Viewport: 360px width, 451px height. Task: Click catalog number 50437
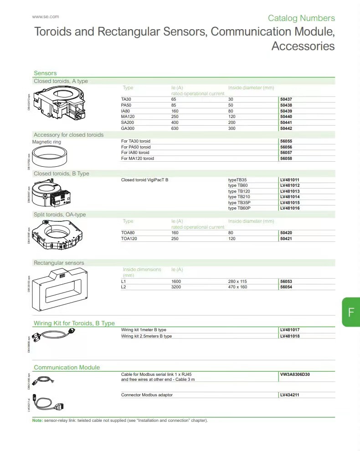click(x=286, y=99)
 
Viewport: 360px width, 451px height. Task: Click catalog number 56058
click(x=286, y=159)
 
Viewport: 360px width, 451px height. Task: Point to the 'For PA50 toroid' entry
click(x=136, y=147)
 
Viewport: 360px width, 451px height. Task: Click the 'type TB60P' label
click(x=239, y=208)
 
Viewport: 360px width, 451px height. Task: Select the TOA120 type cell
click(x=129, y=239)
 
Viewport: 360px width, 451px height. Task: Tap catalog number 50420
click(x=286, y=233)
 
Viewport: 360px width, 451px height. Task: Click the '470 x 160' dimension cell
click(x=237, y=287)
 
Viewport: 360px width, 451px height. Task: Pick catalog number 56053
click(x=286, y=282)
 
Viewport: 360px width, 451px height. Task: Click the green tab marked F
click(x=351, y=313)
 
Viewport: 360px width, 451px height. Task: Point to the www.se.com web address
click(x=46, y=17)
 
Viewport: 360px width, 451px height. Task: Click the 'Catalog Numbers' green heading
click(x=301, y=18)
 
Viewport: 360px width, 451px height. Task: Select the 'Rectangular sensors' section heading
click(x=59, y=263)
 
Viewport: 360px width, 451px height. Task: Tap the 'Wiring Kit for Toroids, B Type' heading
click(x=74, y=323)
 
